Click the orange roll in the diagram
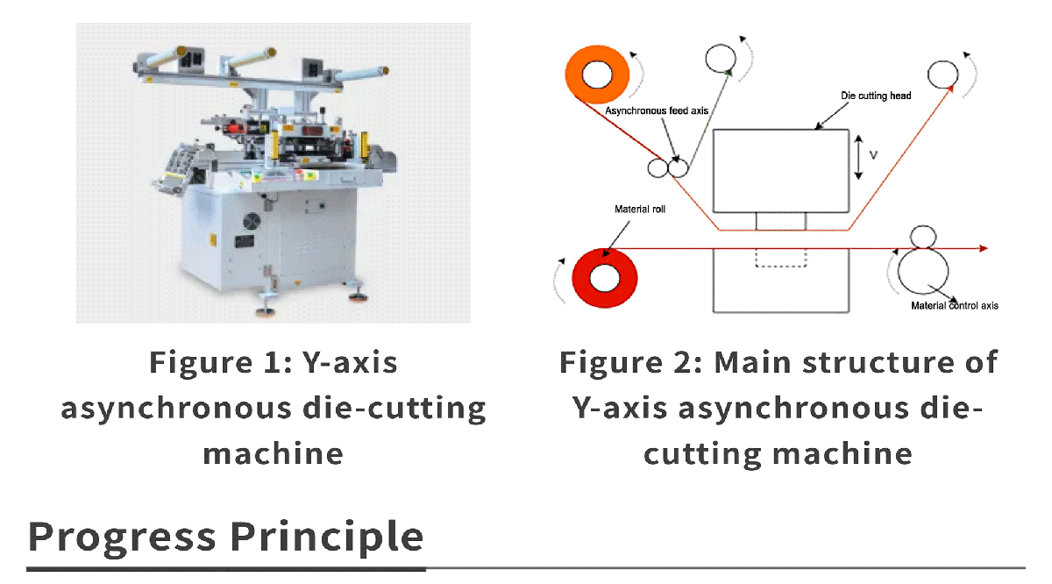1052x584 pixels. pos(597,75)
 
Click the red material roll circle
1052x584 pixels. pos(604,278)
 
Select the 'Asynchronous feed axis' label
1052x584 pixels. pos(657,111)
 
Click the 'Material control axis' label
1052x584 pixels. pos(955,306)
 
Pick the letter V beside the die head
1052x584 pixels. pos(873,155)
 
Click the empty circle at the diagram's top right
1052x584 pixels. pos(943,75)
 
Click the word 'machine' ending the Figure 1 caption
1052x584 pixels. pos(273,453)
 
